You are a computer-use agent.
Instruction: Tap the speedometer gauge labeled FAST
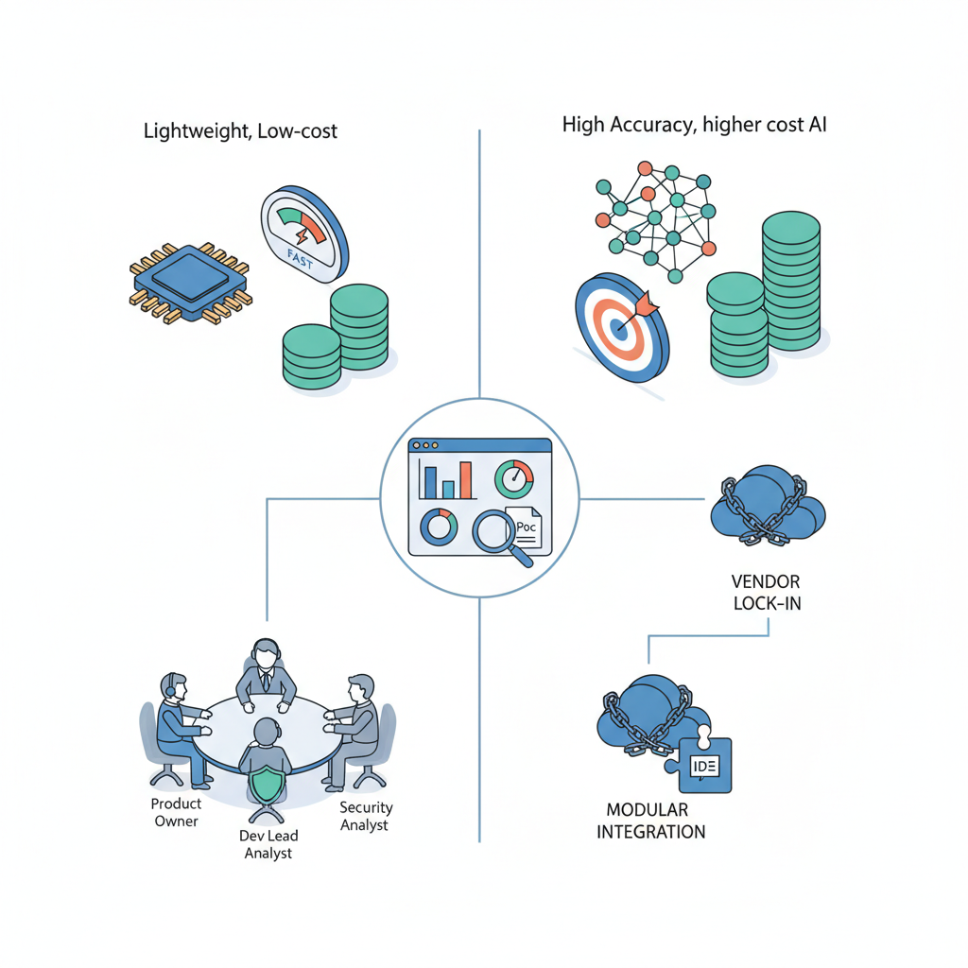click(304, 233)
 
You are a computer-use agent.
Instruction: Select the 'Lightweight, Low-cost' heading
click(240, 131)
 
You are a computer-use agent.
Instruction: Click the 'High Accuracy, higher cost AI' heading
click(694, 125)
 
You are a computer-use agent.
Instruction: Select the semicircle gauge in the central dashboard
click(514, 478)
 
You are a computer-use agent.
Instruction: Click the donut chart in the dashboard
click(439, 526)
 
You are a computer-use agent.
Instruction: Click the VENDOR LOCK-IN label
click(767, 592)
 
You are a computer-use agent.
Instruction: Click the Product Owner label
click(177, 812)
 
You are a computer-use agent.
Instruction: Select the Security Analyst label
click(366, 816)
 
